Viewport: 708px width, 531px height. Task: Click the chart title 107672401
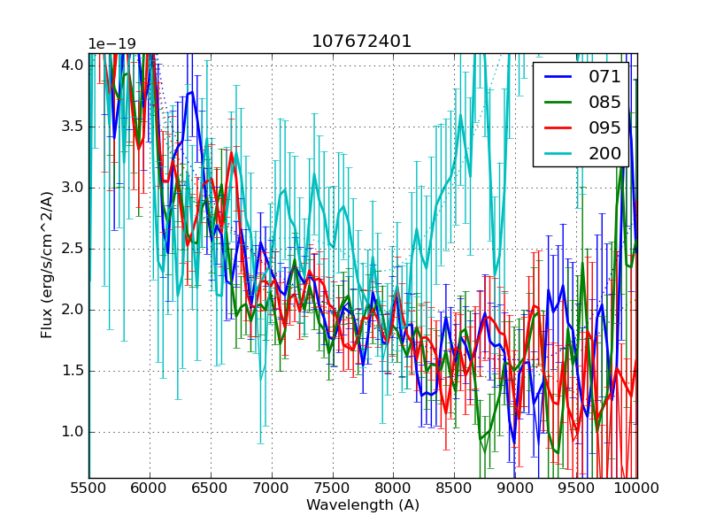coord(362,42)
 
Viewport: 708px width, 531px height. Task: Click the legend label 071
coord(604,76)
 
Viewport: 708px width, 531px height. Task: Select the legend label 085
coord(604,102)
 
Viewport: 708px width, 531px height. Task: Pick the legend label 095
coord(604,127)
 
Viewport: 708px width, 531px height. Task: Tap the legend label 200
coord(604,153)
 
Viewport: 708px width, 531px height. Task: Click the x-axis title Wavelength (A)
coord(363,505)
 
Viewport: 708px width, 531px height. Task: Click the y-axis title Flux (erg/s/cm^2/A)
coord(47,265)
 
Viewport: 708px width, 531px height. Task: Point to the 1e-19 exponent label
coord(112,44)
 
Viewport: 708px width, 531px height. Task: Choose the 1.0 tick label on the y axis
coord(73,432)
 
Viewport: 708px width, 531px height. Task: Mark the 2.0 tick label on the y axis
coord(73,310)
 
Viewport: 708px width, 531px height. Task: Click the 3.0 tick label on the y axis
coord(73,188)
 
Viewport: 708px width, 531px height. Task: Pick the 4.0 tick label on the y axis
coord(73,65)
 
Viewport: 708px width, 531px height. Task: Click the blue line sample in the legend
coord(558,76)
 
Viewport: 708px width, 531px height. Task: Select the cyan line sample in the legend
coord(558,153)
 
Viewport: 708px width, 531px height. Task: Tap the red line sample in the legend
coord(558,127)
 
